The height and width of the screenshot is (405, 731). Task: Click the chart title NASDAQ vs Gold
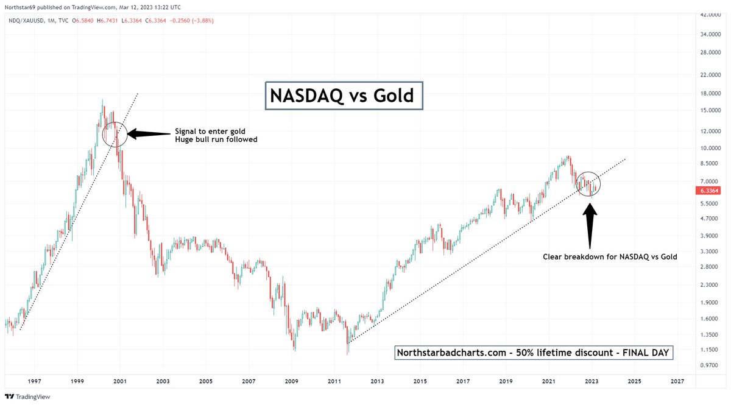(344, 96)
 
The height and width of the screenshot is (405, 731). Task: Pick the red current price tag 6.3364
(708, 191)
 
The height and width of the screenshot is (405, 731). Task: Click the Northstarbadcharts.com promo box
(533, 353)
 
